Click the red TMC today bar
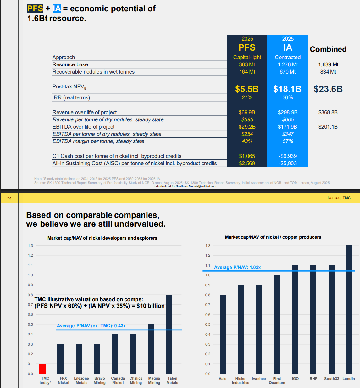pyautogui.click(x=42, y=369)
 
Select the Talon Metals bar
pyautogui.click(x=169, y=334)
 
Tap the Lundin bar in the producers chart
pyautogui.click(x=349, y=309)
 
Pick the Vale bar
pyautogui.click(x=223, y=334)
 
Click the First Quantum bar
pyautogui.click(x=277, y=324)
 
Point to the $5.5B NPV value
pyautogui.click(x=247, y=89)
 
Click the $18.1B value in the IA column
pyautogui.click(x=287, y=89)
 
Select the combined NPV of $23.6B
pyautogui.click(x=328, y=89)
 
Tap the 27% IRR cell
pyautogui.click(x=247, y=97)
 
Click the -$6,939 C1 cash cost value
pyautogui.click(x=288, y=156)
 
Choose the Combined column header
pyautogui.click(x=328, y=49)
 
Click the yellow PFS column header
pyautogui.click(x=247, y=47)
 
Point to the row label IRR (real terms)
pyautogui.click(x=71, y=97)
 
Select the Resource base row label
pyautogui.click(x=70, y=64)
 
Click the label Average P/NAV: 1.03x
pyautogui.click(x=237, y=267)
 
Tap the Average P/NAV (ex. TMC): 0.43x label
pyautogui.click(x=91, y=326)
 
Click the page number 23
pyautogui.click(x=9, y=198)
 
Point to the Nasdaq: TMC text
pyautogui.click(x=339, y=198)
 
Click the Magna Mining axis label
pyautogui.click(x=154, y=380)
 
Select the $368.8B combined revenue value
pyautogui.click(x=328, y=112)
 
